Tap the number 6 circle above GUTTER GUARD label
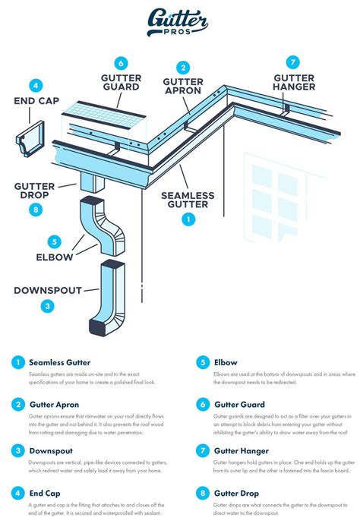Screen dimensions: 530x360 click(122, 63)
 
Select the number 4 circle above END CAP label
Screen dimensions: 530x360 click(36, 86)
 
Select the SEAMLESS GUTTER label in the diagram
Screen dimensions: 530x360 click(187, 200)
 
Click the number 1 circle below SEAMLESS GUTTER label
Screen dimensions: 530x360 click(188, 219)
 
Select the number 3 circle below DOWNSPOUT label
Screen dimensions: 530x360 click(47, 306)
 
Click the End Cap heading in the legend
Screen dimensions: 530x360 click(46, 492)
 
